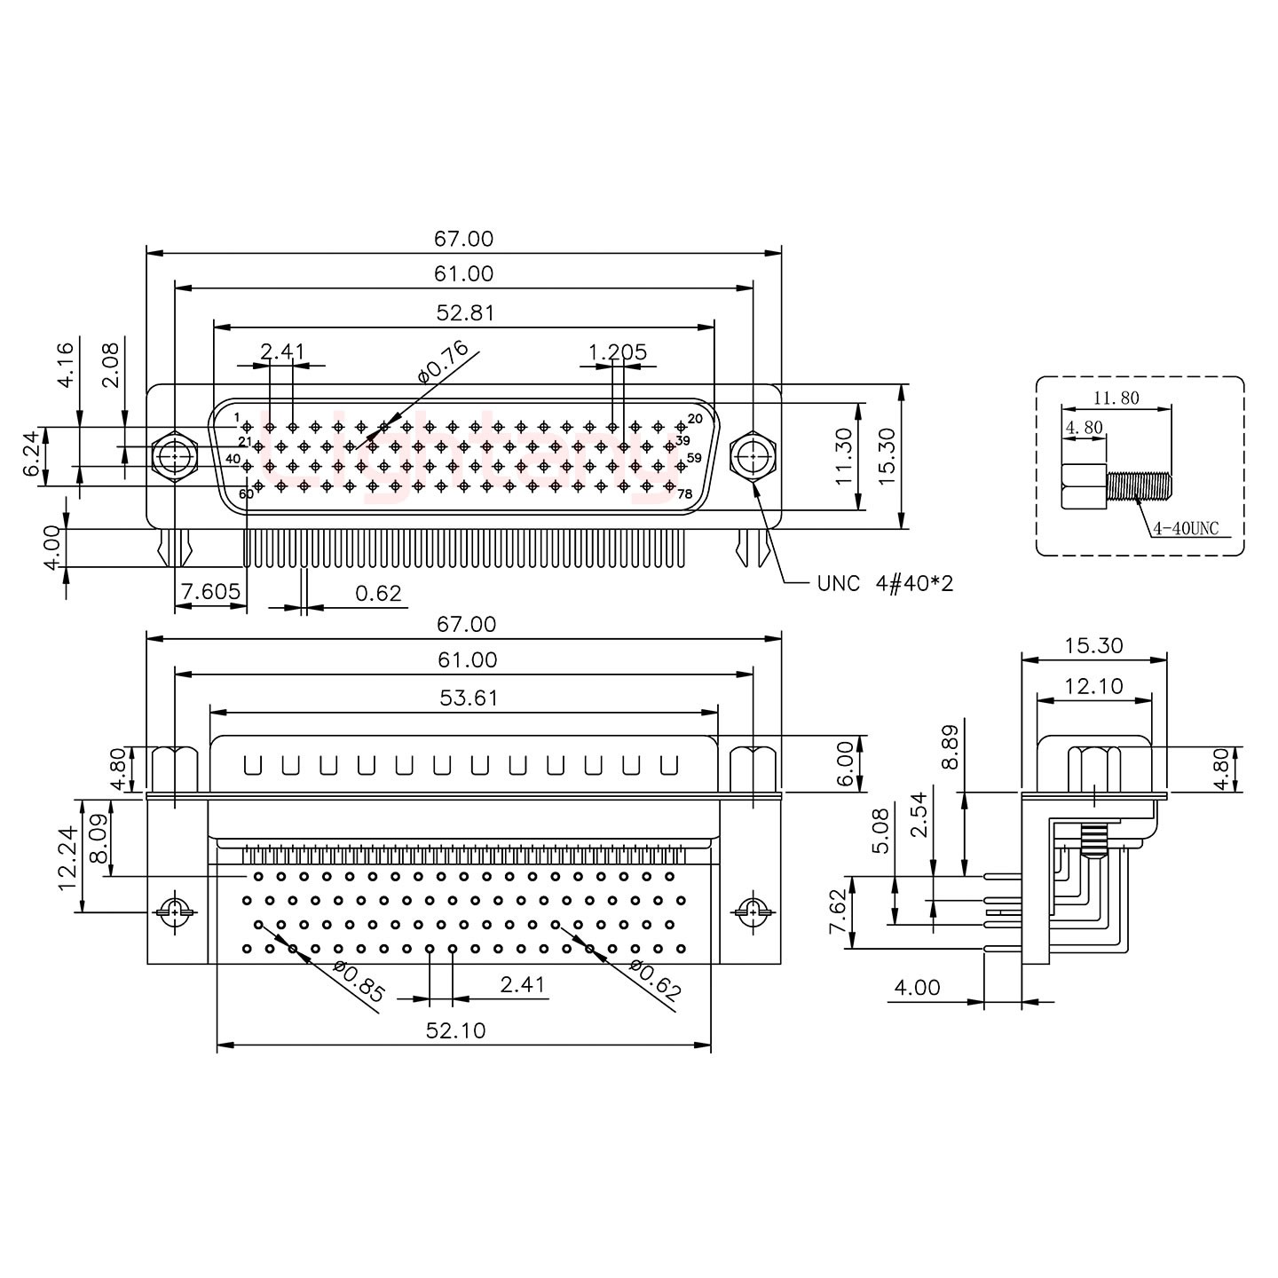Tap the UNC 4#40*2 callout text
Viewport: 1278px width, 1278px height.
[884, 583]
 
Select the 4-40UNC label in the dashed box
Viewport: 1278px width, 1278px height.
[1186, 530]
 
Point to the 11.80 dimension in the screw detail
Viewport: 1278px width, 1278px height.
[1116, 398]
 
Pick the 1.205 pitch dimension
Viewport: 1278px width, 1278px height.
[617, 352]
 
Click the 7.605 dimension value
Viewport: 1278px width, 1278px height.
[209, 592]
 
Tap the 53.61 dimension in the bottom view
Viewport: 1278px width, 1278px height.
[469, 698]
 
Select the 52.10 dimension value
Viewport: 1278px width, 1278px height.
[456, 1030]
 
